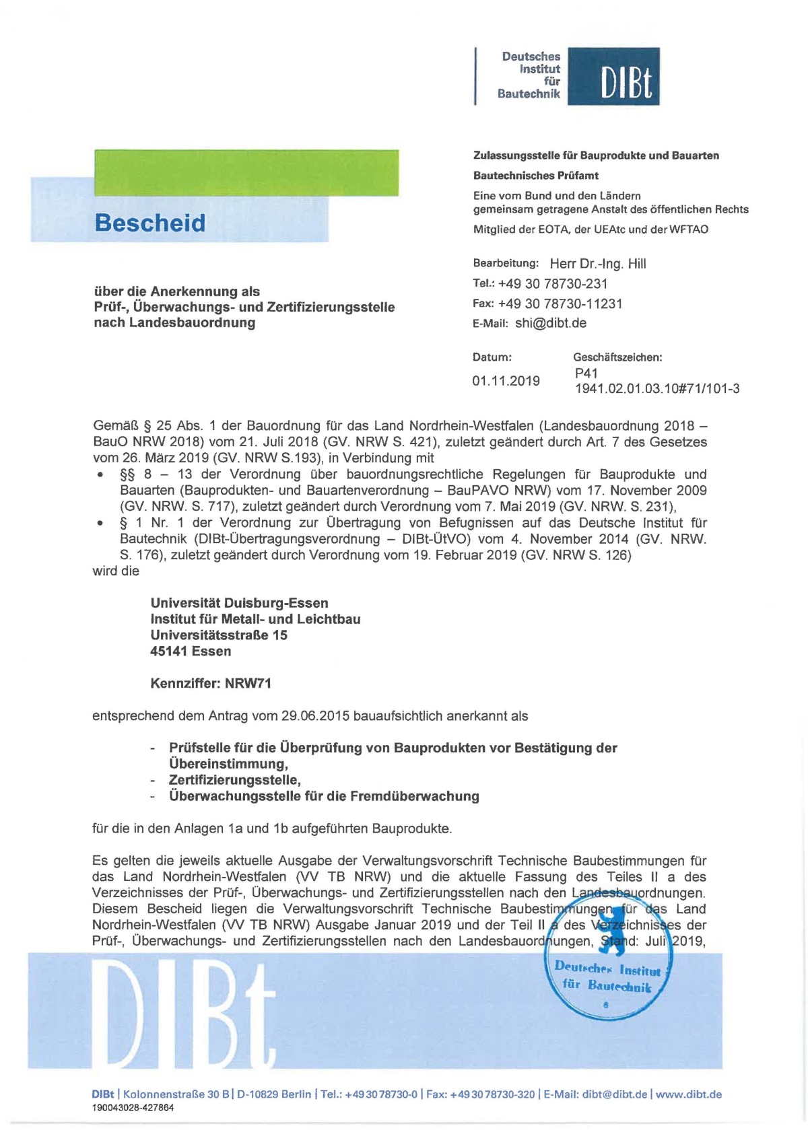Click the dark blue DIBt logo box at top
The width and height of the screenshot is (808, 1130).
click(x=613, y=76)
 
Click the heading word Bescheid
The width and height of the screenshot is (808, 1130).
click(x=150, y=223)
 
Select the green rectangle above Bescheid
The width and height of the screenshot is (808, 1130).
click(x=246, y=173)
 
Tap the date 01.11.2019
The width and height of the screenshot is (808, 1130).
click(x=506, y=381)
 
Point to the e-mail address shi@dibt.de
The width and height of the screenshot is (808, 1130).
click(x=550, y=323)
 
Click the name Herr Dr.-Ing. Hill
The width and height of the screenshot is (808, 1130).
click(x=598, y=264)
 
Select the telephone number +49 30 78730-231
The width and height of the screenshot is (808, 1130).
click(x=552, y=284)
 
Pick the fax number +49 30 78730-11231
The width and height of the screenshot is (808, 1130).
click(x=560, y=304)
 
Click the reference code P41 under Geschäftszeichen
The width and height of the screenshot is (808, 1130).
click(x=586, y=373)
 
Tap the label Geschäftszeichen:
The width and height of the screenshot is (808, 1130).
click(x=617, y=357)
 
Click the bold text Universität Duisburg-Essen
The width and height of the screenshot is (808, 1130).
click(x=239, y=603)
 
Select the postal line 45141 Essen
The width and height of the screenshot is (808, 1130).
click(x=191, y=651)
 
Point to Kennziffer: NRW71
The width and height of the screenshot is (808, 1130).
click(x=211, y=683)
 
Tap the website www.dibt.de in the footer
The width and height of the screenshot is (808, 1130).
click(x=688, y=1094)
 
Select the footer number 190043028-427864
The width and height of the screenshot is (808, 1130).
click(x=133, y=1108)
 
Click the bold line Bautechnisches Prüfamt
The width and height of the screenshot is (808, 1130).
click(x=535, y=176)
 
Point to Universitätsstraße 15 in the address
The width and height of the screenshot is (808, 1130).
click(x=219, y=635)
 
